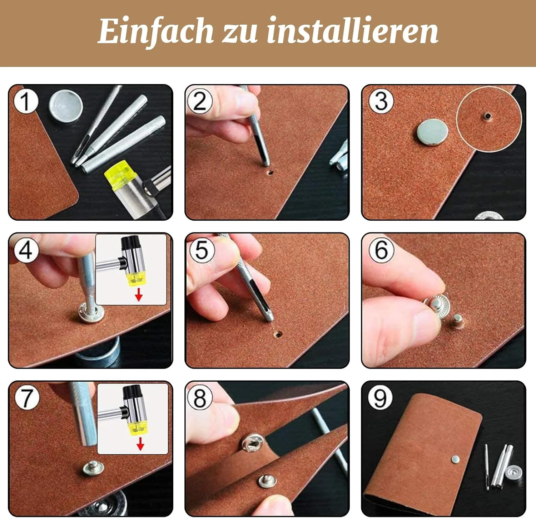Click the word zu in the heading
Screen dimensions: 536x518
[x=240, y=34]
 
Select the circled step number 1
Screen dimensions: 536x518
[x=25, y=101]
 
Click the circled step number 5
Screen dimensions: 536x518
[x=202, y=249]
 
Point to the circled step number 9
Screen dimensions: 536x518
[x=380, y=397]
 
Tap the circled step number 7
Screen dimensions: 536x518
[x=27, y=397]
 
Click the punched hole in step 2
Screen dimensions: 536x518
[x=270, y=172]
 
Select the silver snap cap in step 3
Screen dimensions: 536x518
[x=432, y=132]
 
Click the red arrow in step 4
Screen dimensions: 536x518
[x=139, y=294]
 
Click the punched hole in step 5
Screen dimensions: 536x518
[x=278, y=334]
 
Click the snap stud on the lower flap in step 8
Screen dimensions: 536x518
[x=267, y=482]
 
